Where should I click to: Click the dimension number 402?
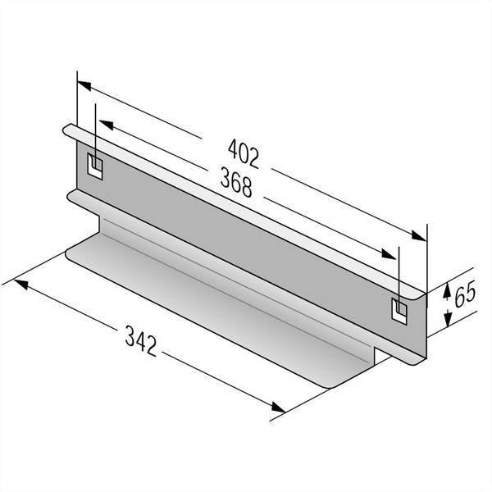[x=244, y=154]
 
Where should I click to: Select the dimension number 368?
[x=236, y=182]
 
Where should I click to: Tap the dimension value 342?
[x=141, y=341]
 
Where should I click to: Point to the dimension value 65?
[x=465, y=295]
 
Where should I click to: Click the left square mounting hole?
[x=95, y=166]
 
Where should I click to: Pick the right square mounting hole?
[x=399, y=311]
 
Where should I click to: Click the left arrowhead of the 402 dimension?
[x=84, y=85]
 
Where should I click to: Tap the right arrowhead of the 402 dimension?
[x=419, y=236]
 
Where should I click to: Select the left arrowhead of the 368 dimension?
[x=106, y=125]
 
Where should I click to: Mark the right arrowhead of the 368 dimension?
[x=389, y=254]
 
